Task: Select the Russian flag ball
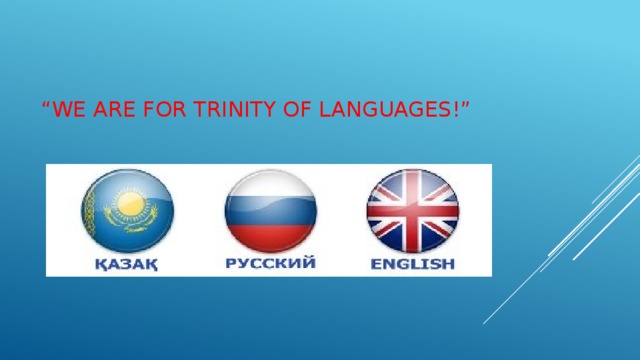pos(268,210)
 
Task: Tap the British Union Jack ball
pos(412,210)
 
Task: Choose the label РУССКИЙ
pos(268,263)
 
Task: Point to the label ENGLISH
pos(412,264)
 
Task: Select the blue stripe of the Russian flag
pos(268,212)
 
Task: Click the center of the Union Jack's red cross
pos(412,211)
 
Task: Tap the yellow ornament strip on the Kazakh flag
pos(92,212)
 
